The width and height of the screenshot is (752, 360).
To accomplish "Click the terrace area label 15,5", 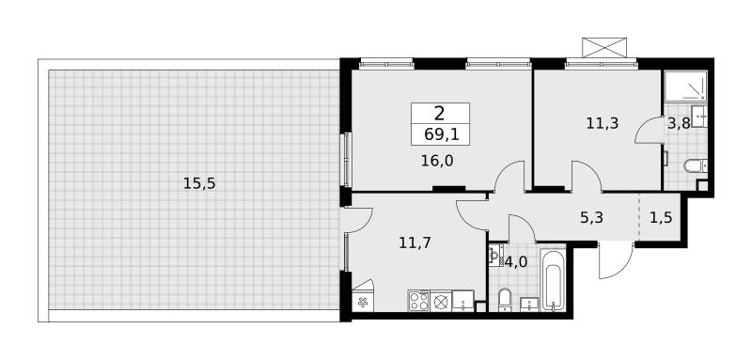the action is click(x=199, y=183).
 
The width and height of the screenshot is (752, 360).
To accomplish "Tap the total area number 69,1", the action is click(x=442, y=134).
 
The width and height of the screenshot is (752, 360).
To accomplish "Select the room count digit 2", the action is click(x=439, y=114).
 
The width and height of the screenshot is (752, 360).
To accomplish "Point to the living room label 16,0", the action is click(x=437, y=161).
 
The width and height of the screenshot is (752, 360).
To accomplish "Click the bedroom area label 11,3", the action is click(x=603, y=124).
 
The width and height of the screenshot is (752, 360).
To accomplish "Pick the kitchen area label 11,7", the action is click(x=415, y=243).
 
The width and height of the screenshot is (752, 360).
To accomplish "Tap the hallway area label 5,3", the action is click(x=591, y=218).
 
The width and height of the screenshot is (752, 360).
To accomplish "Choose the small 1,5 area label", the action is click(x=661, y=218).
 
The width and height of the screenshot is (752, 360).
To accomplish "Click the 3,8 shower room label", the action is click(x=679, y=124).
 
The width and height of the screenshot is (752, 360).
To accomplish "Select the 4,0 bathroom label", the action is click(x=516, y=261).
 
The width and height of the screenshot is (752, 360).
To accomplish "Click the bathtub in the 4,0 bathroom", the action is click(x=553, y=279).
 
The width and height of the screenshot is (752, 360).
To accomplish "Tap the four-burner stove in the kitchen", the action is click(x=418, y=301).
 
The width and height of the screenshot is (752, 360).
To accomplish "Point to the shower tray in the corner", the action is click(x=686, y=86).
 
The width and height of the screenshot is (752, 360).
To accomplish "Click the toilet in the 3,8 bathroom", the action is click(x=695, y=165).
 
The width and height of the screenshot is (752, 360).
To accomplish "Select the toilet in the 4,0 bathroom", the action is click(x=504, y=300).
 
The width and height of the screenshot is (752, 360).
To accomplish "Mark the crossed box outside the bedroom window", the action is click(x=604, y=47).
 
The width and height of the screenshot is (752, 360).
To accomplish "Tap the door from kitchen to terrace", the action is click(x=356, y=220).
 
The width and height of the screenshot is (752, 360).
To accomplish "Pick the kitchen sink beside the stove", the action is click(x=462, y=301).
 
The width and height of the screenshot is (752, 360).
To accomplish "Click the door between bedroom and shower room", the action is click(x=648, y=130).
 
